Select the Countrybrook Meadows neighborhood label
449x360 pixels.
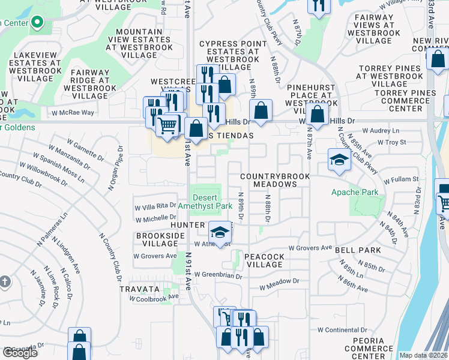275,180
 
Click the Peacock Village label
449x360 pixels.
264,260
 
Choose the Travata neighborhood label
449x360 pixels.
139,289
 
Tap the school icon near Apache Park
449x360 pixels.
339,160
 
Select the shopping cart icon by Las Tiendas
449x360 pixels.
167,125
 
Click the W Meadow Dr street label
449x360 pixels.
276,281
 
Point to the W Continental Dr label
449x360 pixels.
342,329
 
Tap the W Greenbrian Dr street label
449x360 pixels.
213,277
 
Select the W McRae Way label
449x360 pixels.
73,112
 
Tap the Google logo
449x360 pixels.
20,353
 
